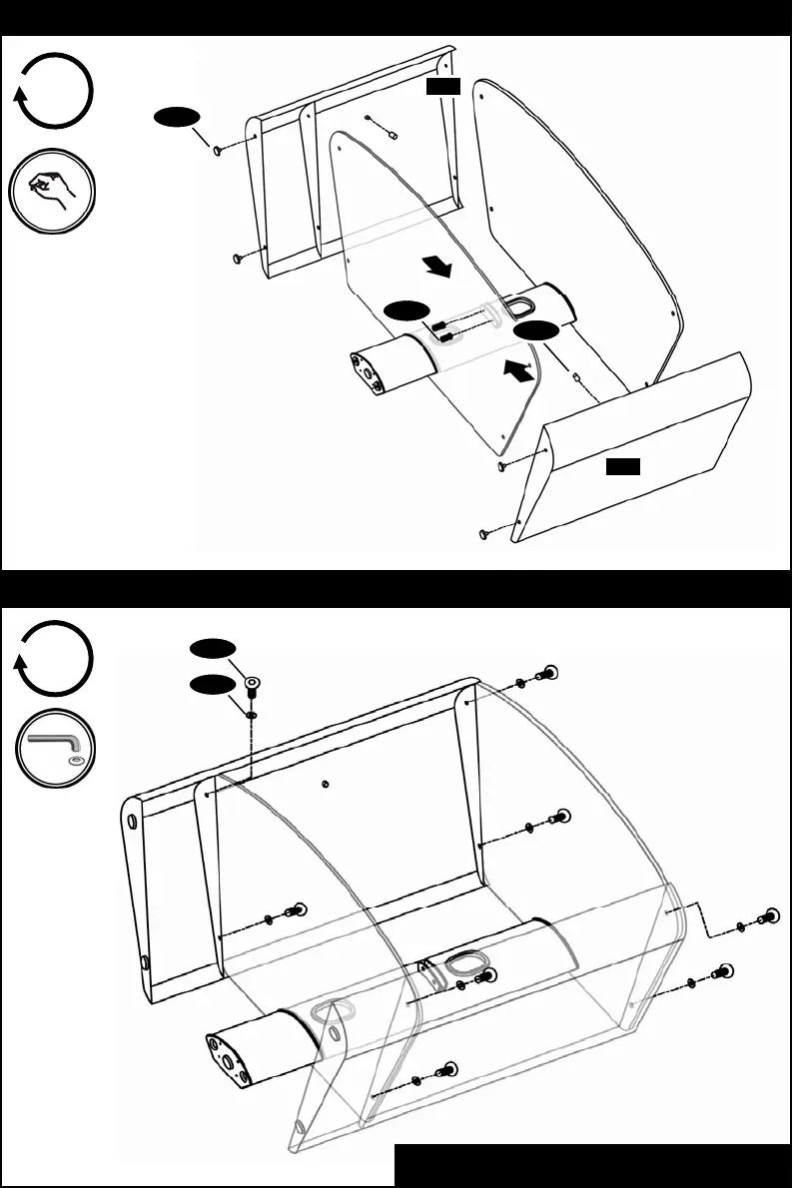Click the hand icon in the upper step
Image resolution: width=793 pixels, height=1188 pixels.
(x=54, y=191)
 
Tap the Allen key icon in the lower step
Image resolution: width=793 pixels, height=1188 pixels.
(x=54, y=749)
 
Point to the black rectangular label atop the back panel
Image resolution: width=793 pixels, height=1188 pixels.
(x=442, y=88)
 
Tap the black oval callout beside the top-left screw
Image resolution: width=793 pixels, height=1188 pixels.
(x=175, y=119)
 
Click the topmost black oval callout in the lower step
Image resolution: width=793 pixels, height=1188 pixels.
(x=211, y=649)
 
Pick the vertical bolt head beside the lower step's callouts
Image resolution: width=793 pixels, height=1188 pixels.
(x=252, y=685)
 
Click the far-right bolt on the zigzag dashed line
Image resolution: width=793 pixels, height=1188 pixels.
(x=769, y=916)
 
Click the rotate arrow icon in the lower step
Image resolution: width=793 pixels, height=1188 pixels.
(x=54, y=660)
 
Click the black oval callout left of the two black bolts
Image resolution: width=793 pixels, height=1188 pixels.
(x=409, y=311)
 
